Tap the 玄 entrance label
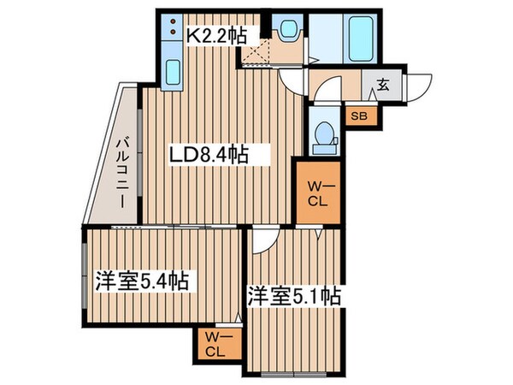[382, 86]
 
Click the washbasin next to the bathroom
[287, 30]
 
